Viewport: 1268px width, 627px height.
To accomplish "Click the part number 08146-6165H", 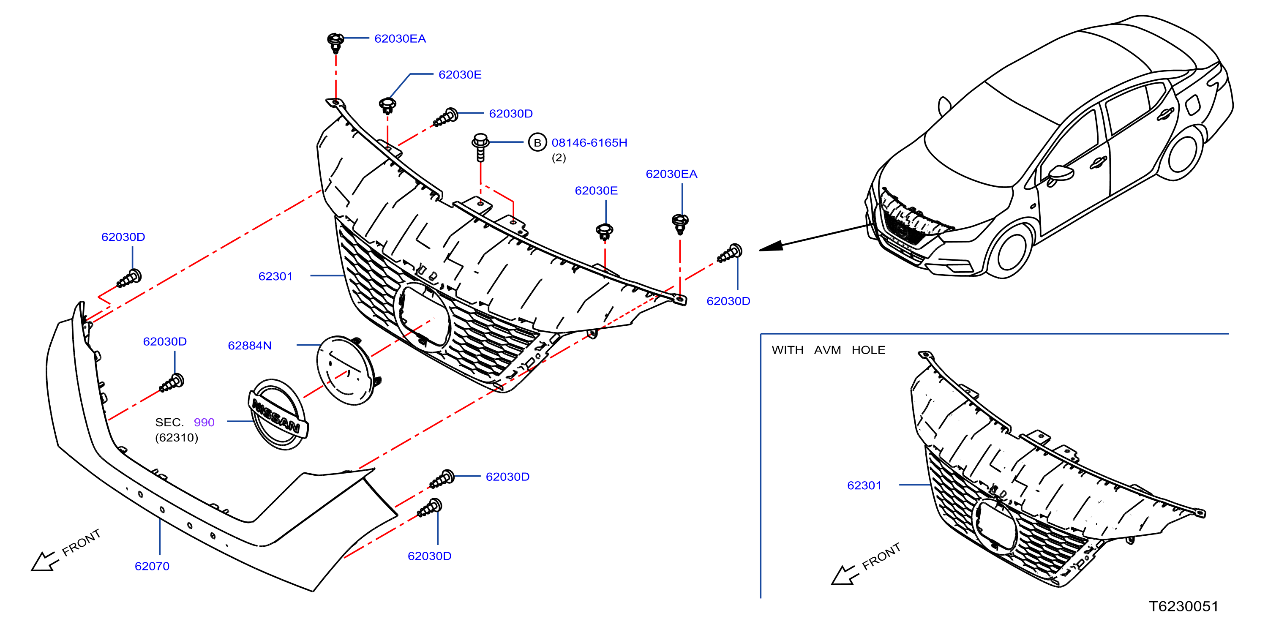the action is click(589, 143).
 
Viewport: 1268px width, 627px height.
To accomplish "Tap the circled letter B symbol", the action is click(537, 143).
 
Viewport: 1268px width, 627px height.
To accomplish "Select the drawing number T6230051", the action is click(1183, 606).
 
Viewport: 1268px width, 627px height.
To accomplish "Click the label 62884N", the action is click(250, 346).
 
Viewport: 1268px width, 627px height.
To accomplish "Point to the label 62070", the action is click(152, 566).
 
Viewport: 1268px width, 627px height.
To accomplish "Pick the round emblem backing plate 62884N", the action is click(348, 371).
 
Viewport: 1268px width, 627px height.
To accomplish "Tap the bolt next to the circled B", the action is click(480, 147).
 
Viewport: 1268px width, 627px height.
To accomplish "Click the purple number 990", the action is click(204, 422).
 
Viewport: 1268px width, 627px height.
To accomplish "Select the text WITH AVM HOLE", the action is click(829, 350).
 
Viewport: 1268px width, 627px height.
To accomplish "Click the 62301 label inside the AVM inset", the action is click(864, 485).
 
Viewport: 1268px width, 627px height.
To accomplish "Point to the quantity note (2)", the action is click(559, 158).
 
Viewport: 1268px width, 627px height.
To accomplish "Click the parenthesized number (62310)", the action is click(177, 438).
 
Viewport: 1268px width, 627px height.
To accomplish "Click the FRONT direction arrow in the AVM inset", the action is click(845, 575).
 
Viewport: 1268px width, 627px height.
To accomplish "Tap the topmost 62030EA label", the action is click(400, 38).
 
